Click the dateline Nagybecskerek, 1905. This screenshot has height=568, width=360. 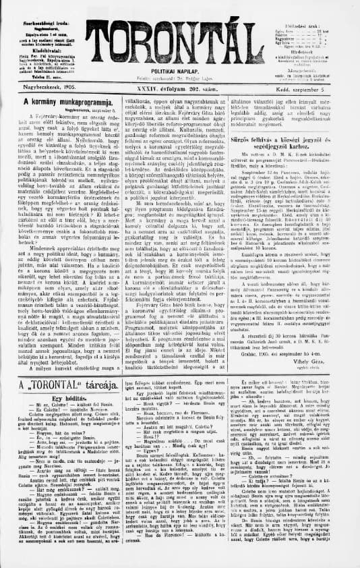tap(40, 87)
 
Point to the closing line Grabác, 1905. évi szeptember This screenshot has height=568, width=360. tap(291, 353)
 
